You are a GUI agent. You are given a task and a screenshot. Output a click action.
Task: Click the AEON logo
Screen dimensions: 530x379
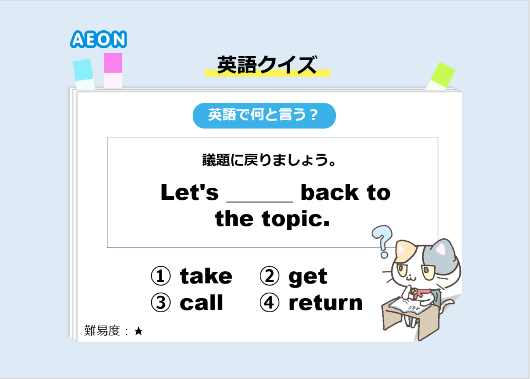[x=98, y=39]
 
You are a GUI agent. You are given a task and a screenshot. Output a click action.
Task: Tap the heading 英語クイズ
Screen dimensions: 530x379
[x=267, y=65]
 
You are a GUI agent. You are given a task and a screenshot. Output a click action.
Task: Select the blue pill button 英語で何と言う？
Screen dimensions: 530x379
[x=264, y=116]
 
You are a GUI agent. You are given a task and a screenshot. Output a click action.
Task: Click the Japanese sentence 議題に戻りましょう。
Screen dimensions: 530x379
[x=269, y=160]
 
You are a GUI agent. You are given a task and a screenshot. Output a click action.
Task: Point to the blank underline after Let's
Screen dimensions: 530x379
[x=260, y=202]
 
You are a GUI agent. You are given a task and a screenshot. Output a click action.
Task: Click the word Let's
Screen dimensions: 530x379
[x=190, y=193]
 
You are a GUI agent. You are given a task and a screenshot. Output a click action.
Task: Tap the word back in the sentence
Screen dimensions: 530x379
[x=330, y=193]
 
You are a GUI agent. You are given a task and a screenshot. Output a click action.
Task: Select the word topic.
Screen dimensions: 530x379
[x=296, y=219]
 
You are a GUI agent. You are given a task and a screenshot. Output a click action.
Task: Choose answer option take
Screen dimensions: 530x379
[x=206, y=276]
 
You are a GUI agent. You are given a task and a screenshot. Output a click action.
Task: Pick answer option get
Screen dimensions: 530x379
[x=308, y=277]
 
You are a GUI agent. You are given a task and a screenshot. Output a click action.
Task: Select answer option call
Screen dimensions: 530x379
[x=201, y=302]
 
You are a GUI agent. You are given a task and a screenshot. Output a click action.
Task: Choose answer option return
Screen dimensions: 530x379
[x=326, y=303]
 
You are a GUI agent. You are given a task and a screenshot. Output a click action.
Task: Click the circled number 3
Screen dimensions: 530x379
[x=161, y=302]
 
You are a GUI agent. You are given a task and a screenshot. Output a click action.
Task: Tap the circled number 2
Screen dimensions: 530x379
[x=269, y=276]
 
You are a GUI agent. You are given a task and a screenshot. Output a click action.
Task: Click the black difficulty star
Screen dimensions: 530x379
[x=139, y=331]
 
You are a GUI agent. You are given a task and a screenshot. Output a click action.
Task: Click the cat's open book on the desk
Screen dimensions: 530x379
[x=410, y=306]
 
